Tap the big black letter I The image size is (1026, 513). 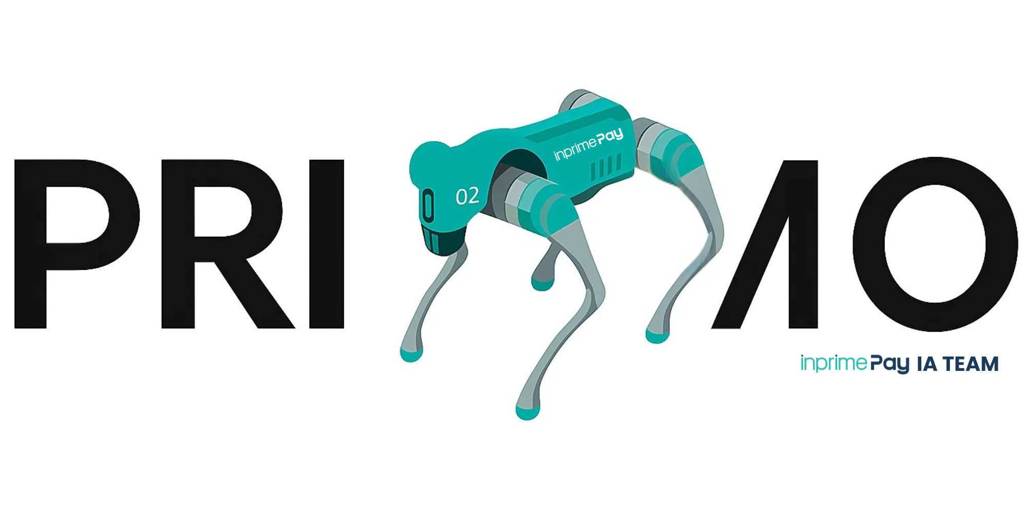click(x=326, y=244)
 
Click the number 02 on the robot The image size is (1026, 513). click(x=467, y=196)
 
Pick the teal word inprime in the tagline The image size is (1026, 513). click(x=834, y=363)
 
